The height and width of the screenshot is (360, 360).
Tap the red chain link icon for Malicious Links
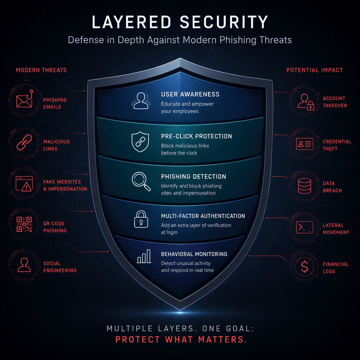24,142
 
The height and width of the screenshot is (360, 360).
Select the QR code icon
24,224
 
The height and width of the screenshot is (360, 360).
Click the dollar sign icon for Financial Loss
305,266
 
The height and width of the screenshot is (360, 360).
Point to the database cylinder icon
305,186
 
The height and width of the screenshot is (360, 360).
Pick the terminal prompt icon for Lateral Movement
305,227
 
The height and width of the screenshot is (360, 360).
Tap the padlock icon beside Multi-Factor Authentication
141,219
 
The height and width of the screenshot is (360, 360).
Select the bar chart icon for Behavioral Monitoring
144,256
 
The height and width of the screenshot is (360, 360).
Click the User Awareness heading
190,94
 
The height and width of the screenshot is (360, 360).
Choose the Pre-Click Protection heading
197,136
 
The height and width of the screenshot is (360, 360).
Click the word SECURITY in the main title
224,22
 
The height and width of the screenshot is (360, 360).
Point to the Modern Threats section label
41,70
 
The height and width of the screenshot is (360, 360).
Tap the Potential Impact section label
315,70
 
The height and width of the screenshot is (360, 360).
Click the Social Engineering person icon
24,265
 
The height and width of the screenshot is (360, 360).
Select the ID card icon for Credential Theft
305,144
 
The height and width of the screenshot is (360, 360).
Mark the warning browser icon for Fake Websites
24,183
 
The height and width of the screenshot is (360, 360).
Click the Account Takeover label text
335,102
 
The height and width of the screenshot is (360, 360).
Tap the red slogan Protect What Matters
181,339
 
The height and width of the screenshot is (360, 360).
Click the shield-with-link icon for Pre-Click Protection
140,142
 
